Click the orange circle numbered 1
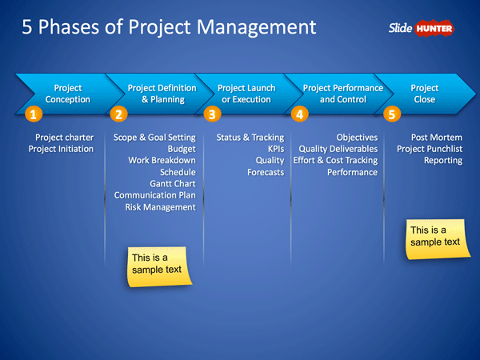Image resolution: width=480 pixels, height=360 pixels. pos(32,114)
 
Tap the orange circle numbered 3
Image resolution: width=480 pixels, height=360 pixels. pos(211,114)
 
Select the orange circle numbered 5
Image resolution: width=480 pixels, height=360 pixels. pos(392,114)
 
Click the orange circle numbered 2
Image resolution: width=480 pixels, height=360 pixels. pos(118,114)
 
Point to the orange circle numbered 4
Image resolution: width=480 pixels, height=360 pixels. pos(300,114)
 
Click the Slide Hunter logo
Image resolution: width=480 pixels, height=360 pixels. pos(422,29)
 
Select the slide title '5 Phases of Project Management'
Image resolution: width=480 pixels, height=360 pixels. pos(169,28)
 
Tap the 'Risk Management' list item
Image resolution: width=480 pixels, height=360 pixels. pos(160,207)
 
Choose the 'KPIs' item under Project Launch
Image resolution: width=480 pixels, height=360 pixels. pos(275,149)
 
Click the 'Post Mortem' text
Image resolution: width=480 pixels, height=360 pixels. pos(436,138)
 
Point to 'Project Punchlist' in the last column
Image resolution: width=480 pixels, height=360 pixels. pos(430,149)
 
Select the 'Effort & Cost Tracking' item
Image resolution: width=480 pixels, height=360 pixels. pos(335,161)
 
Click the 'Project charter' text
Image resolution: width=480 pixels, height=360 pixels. pos(64,138)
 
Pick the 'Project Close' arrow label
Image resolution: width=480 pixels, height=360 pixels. pos(424,94)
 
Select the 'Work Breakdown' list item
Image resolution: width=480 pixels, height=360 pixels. pos(162,161)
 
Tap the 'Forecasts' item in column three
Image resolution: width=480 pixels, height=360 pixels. pos(266,172)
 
